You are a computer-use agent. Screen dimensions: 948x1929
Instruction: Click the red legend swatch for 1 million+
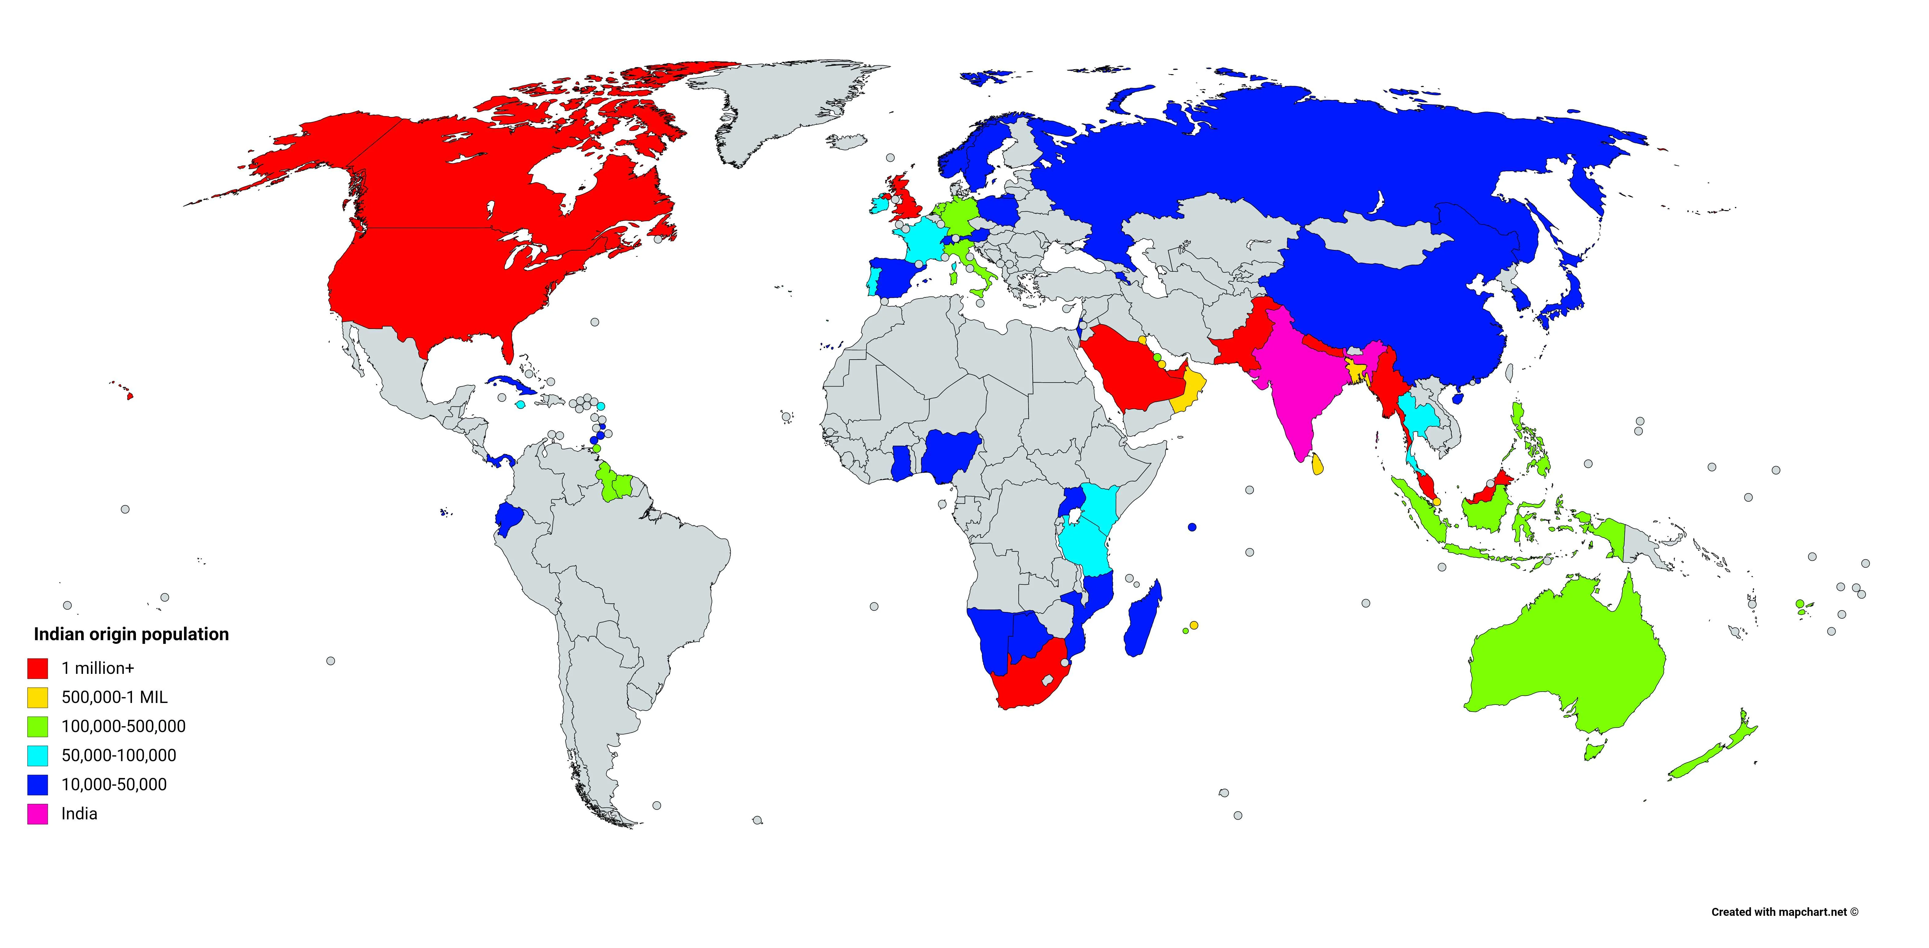(x=37, y=668)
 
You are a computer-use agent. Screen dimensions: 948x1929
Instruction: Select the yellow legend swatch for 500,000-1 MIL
(x=37, y=697)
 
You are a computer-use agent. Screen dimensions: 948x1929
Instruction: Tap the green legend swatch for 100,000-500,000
(x=37, y=726)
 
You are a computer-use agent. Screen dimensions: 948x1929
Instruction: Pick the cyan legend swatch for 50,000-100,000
(x=37, y=756)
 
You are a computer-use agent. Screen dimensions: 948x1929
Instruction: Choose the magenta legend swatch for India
(x=37, y=814)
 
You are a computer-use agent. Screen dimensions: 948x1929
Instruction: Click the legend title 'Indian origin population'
(x=131, y=634)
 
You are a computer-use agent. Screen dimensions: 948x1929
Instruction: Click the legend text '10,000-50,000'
(x=114, y=785)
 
